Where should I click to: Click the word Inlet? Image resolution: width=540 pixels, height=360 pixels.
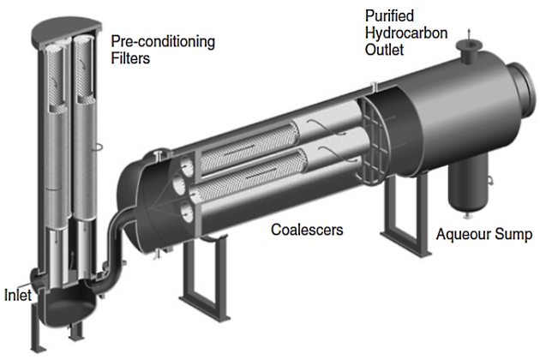point(17,296)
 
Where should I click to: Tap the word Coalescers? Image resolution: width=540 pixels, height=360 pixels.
point(307,230)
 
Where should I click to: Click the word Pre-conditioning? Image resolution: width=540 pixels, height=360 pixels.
point(162,40)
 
